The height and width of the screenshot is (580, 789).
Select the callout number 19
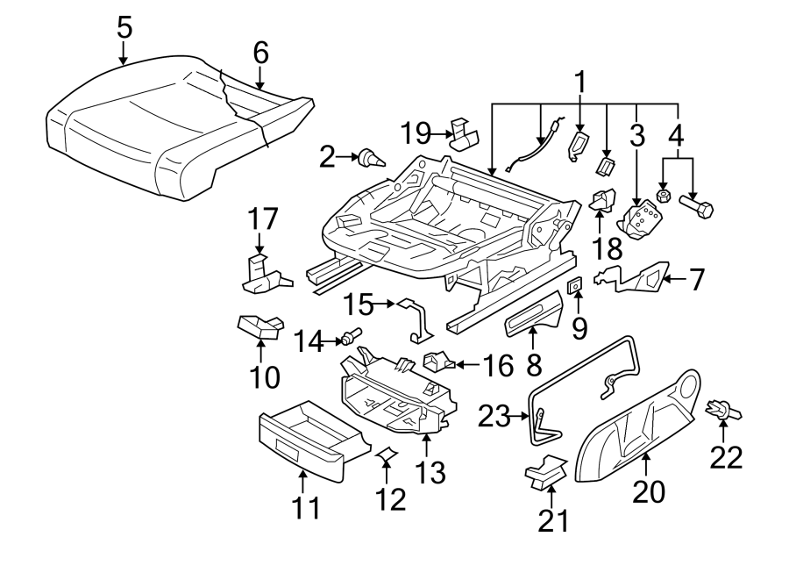click(416, 134)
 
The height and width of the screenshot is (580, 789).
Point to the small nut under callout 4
click(664, 196)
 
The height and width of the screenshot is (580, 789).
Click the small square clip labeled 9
click(575, 286)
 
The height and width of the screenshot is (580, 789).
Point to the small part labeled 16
click(438, 362)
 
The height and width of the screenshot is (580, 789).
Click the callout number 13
click(430, 473)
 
